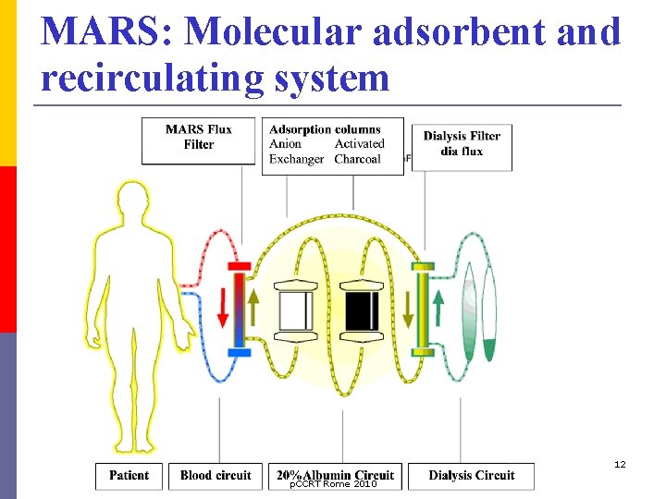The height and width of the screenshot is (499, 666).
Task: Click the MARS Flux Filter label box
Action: point(198,140)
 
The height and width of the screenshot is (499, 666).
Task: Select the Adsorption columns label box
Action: point(333,145)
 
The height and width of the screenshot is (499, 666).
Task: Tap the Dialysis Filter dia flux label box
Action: point(462,146)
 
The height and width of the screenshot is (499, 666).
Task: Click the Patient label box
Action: point(129,475)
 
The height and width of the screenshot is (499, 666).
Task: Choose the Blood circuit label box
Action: point(215,475)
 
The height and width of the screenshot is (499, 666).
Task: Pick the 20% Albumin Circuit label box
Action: point(335,475)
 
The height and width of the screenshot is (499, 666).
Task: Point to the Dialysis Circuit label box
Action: point(471,475)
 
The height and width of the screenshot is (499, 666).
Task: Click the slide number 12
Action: point(619,464)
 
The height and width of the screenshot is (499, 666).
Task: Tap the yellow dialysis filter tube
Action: point(423,309)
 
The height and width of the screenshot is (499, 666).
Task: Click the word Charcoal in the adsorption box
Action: point(357,159)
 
